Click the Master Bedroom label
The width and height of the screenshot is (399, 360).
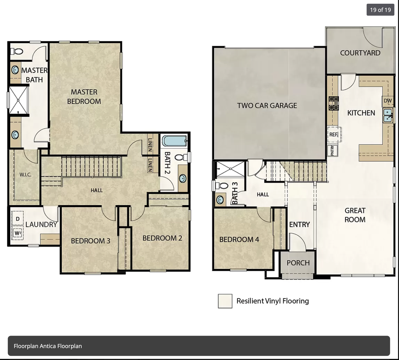point(84,96)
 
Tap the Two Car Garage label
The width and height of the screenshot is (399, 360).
point(267,105)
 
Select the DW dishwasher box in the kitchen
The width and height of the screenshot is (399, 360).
point(387,101)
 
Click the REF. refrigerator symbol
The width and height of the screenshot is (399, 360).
point(333,134)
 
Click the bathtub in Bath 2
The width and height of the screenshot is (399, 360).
point(174,142)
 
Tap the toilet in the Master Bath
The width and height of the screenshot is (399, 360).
point(17,51)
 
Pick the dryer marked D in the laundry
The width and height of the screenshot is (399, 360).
point(17,218)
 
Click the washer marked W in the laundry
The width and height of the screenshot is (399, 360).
point(17,233)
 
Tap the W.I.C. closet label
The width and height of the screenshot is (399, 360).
point(25,175)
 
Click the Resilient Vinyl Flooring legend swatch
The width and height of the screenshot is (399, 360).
point(225,301)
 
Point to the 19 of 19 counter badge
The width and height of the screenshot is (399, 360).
point(380,10)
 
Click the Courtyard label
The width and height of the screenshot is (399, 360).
point(360,53)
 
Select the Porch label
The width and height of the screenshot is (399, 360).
point(298,263)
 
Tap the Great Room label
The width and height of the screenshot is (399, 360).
point(355,215)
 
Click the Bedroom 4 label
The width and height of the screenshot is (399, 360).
point(239,239)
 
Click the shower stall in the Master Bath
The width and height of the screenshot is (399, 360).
point(18,100)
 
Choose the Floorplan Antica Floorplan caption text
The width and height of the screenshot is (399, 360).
point(48,346)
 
